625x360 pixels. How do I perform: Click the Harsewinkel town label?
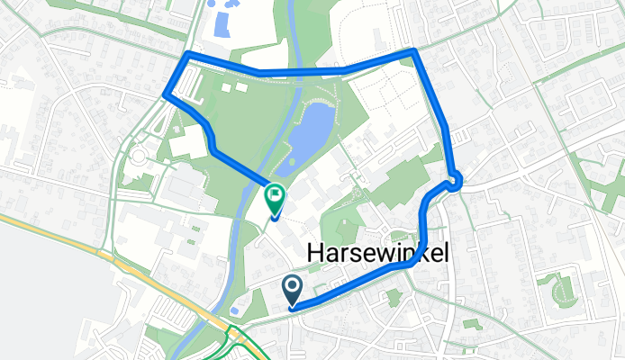(378, 255)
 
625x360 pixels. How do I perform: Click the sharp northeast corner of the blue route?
(413, 51)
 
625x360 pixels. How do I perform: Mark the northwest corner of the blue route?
(188, 56)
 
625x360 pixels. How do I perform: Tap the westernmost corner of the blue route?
(165, 94)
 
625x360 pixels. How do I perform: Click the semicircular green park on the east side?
(562, 288)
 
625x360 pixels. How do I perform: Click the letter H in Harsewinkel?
(316, 255)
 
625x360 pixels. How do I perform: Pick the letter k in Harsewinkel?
(422, 255)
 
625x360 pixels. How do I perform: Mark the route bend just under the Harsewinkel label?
(410, 265)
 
